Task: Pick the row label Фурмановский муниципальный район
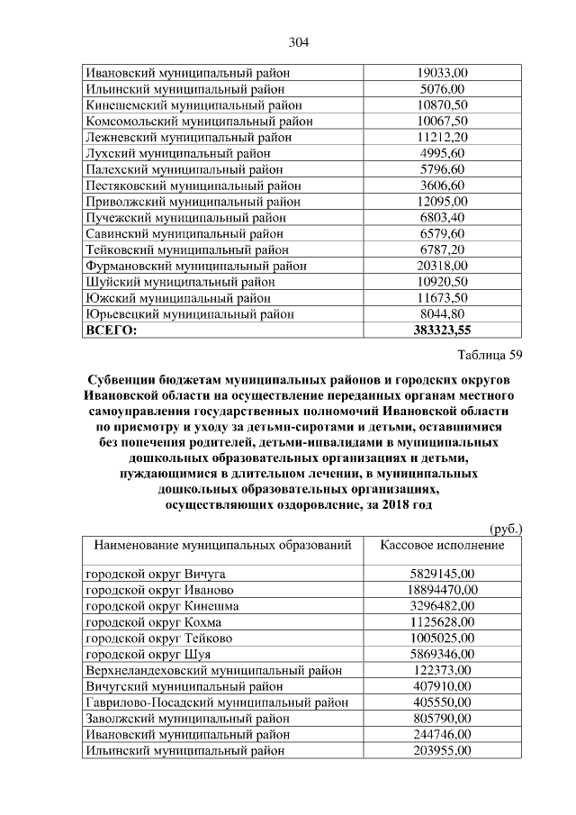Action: pos(195,266)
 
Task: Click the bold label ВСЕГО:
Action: pos(111,331)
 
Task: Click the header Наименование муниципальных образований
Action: pos(221,546)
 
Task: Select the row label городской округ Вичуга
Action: pos(155,573)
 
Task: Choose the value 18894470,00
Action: pos(442,589)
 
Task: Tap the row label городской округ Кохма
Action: pos(152,621)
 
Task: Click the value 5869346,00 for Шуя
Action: pos(442,654)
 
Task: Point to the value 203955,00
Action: pos(442,751)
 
